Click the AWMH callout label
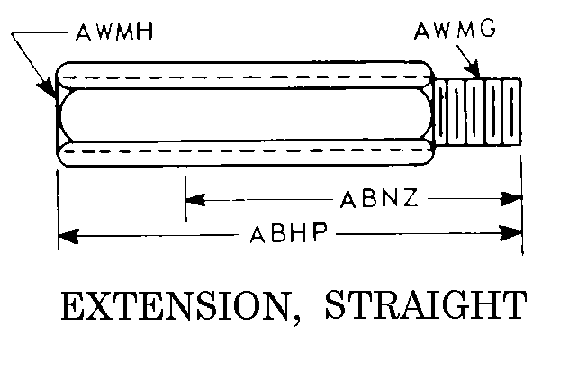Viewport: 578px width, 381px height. (x=114, y=32)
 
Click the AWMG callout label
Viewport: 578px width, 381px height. (x=456, y=30)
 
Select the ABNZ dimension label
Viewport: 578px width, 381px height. (x=379, y=198)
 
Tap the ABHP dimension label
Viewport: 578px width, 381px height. (x=289, y=233)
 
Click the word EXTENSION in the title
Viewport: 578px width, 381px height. (x=176, y=306)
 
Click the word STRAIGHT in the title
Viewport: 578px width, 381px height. (x=426, y=305)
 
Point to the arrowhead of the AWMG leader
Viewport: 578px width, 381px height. (x=474, y=70)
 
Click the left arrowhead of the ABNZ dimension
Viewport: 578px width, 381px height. (x=195, y=200)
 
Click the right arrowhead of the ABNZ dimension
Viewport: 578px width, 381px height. (x=512, y=198)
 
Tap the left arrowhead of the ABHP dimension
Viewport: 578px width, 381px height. (x=68, y=236)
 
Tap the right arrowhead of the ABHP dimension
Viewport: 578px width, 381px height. (x=510, y=233)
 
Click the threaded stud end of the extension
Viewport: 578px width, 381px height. (x=478, y=112)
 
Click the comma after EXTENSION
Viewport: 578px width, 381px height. (x=297, y=321)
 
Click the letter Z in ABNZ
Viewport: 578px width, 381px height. (x=409, y=198)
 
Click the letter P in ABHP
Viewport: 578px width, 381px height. (x=318, y=233)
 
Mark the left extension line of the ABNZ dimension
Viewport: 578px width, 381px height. (x=185, y=198)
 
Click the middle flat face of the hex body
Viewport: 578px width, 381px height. (x=245, y=114)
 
